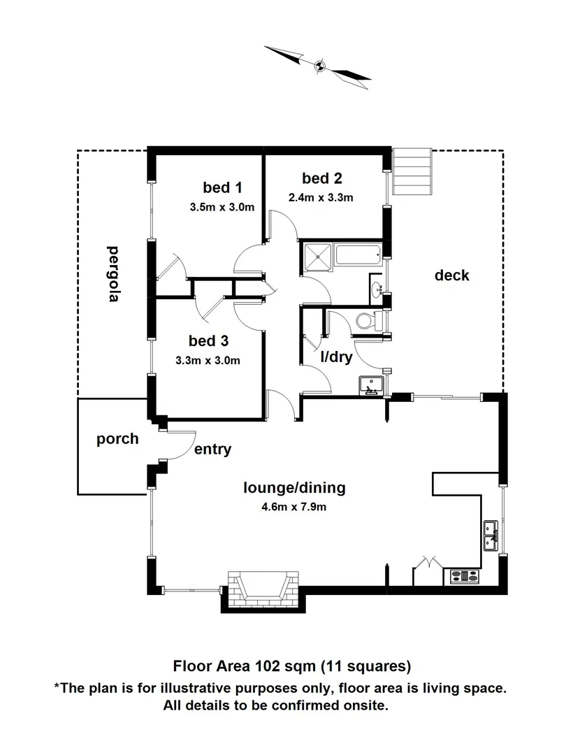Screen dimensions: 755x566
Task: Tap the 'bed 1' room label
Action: click(222, 187)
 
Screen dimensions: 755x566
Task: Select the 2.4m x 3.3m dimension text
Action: click(321, 197)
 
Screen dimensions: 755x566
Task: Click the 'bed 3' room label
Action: click(208, 341)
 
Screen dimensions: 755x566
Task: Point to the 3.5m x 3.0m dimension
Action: click(221, 207)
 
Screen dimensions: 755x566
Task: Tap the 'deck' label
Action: click(452, 275)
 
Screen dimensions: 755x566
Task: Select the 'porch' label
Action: click(117, 440)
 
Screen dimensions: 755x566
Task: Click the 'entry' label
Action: click(212, 450)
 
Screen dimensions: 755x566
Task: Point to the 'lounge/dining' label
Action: click(294, 487)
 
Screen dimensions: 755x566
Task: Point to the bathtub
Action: click(358, 254)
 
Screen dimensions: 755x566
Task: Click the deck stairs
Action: click(413, 172)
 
